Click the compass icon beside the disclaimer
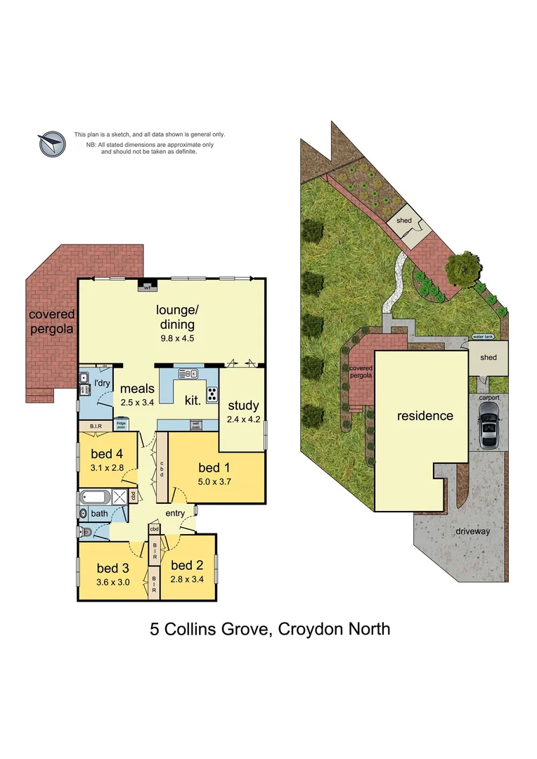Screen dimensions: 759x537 click(51, 143)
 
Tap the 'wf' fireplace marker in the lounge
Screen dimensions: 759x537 click(148, 287)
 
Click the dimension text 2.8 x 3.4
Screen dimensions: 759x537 click(187, 580)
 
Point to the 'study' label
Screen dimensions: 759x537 click(243, 406)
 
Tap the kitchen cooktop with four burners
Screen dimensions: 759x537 click(212, 393)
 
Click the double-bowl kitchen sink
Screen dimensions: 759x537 click(188, 373)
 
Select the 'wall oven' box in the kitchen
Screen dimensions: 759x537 click(195, 424)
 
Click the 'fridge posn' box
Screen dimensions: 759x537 click(120, 424)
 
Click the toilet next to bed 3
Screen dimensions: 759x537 click(84, 532)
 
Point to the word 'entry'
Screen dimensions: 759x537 click(175, 513)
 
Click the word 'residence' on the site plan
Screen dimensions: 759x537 click(425, 415)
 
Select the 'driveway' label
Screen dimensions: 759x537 click(472, 531)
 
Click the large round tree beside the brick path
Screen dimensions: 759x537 click(462, 268)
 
